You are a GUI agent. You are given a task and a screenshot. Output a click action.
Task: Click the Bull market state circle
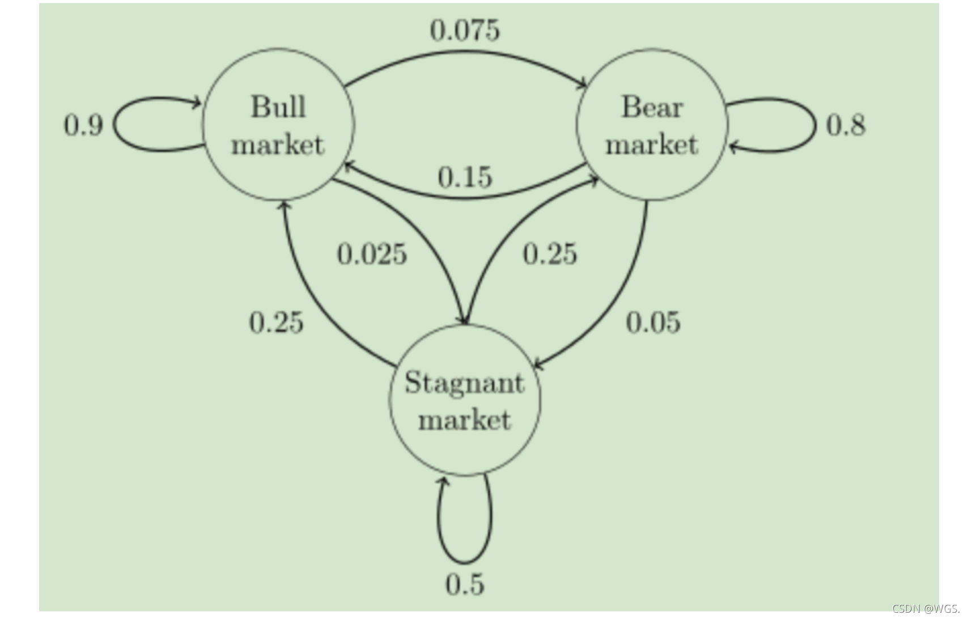pos(278,125)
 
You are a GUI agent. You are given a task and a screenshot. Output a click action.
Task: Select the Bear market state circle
pos(652,125)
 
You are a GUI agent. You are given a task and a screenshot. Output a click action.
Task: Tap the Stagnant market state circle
pos(465,400)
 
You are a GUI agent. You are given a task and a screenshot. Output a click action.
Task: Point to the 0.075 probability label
pos(465,30)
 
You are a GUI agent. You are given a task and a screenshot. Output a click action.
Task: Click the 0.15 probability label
pos(465,177)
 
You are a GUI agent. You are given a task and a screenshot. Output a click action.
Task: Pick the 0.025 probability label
pos(372,254)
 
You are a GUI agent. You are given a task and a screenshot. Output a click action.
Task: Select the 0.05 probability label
pos(653,323)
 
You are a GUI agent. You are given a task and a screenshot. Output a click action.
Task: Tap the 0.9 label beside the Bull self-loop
pos(83,125)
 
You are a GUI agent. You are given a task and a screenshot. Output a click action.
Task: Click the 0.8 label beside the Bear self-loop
pos(846,125)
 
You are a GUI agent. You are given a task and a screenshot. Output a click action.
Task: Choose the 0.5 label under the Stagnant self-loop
pos(465,584)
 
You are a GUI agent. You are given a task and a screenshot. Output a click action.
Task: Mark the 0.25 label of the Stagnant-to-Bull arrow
pos(276,323)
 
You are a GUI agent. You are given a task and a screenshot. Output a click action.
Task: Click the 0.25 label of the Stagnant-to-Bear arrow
pos(550,254)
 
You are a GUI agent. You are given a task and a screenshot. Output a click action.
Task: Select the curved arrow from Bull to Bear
pos(465,52)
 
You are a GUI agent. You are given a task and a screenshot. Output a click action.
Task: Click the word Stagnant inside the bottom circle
pos(465,383)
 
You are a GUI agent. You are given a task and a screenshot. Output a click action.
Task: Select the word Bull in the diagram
pos(278,107)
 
